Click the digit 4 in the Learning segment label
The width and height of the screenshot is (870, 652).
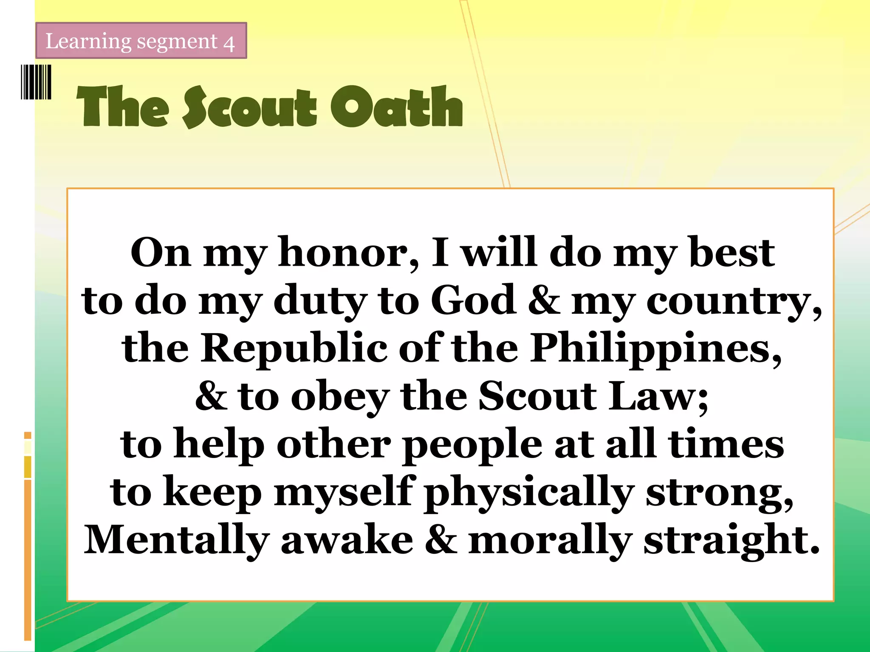coord(229,43)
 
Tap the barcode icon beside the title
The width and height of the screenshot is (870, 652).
coord(36,82)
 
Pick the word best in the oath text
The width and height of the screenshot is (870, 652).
coord(732,253)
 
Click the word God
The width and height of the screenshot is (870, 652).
coord(474,301)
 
